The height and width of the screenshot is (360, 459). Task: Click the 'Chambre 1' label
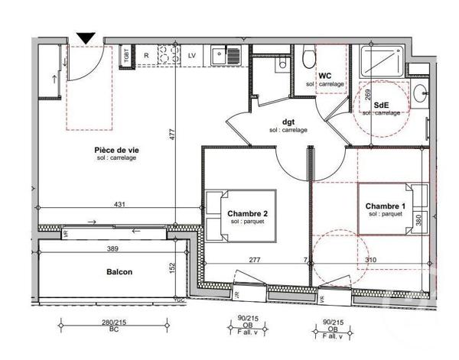[x=385, y=206]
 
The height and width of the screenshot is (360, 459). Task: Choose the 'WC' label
[x=324, y=76]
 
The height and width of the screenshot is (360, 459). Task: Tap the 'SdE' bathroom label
[x=380, y=105]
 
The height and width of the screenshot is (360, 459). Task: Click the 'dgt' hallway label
[x=288, y=122]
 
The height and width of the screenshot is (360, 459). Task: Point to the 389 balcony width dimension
[x=112, y=248]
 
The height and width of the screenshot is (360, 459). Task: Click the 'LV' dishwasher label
[x=192, y=54]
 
